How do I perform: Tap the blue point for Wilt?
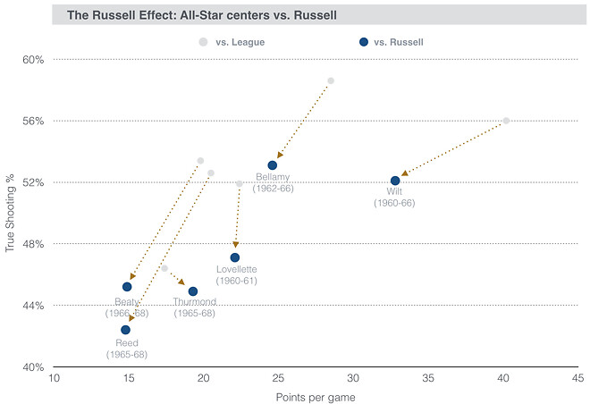(x=395, y=181)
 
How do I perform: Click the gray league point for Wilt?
(x=506, y=121)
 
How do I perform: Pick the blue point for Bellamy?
(x=273, y=165)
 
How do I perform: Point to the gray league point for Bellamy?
(x=331, y=81)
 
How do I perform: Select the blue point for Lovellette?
(x=235, y=257)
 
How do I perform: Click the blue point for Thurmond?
(x=193, y=291)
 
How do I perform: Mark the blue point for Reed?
(x=126, y=330)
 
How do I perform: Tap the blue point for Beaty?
(x=127, y=287)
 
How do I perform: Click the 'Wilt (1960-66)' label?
(x=394, y=198)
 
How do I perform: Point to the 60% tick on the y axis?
(x=33, y=60)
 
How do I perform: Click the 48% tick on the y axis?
(x=33, y=244)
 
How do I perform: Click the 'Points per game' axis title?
(x=316, y=395)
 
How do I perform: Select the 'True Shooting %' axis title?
(x=10, y=213)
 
